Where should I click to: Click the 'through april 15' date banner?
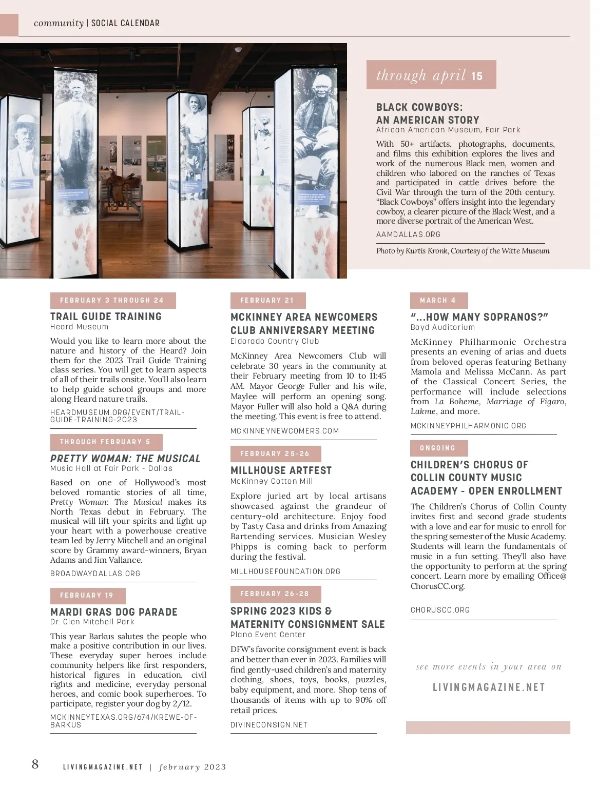tap(431, 75)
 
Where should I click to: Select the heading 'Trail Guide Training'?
tap(106, 317)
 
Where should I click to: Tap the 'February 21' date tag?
tap(267, 300)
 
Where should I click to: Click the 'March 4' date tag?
tap(438, 300)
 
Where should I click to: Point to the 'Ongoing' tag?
tap(438, 448)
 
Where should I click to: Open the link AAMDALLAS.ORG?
tap(408, 234)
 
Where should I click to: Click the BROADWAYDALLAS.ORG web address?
tap(95, 574)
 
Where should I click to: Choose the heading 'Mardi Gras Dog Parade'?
tap(114, 612)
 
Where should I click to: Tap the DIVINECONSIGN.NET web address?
tap(268, 725)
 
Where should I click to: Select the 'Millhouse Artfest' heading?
tap(281, 470)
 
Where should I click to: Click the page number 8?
tap(35, 764)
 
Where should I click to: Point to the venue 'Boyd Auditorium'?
tap(442, 327)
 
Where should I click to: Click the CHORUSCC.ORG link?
tap(440, 610)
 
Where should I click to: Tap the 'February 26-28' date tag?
tap(275, 594)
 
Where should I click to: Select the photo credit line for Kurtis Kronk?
tap(463, 251)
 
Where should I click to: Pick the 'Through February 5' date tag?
tap(106, 442)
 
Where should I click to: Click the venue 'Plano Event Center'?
tap(267, 635)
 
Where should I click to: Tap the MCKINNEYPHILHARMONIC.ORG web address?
tap(468, 426)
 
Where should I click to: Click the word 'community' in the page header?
tap(59, 23)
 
